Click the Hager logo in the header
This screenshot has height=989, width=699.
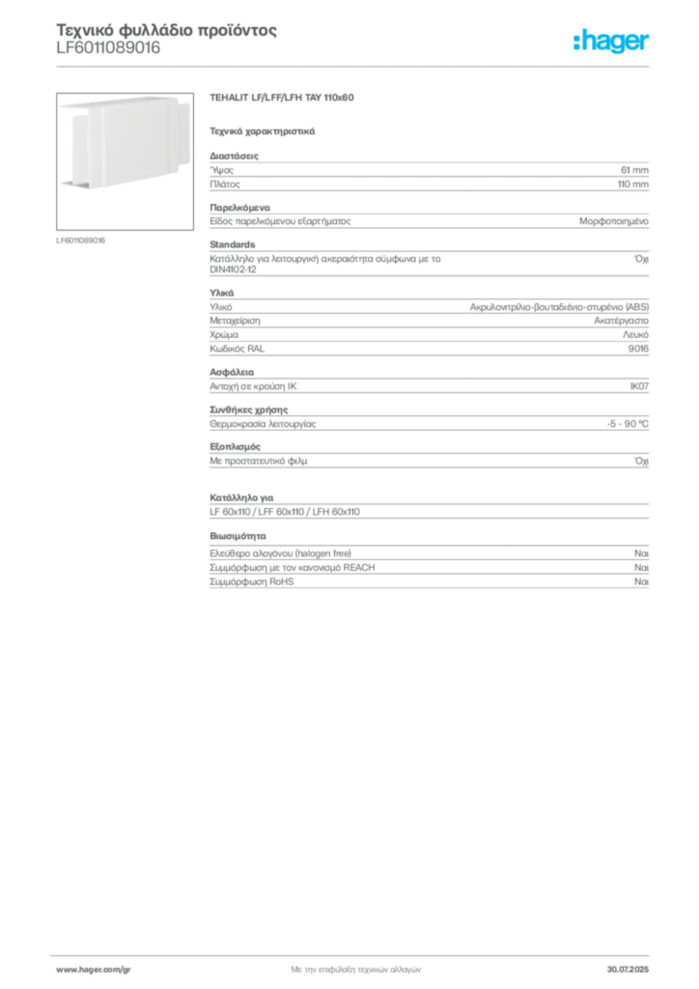click(611, 41)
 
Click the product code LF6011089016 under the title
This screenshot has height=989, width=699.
click(108, 48)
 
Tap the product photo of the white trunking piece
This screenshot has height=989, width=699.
click(125, 161)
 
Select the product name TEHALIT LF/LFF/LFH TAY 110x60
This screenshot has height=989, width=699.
click(282, 98)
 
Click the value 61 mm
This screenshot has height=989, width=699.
click(634, 170)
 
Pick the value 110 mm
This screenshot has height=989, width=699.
click(632, 184)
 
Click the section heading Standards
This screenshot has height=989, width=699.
click(233, 244)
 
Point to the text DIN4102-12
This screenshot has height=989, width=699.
click(234, 269)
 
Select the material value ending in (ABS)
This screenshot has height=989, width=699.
click(559, 307)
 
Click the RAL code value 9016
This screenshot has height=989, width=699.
click(638, 349)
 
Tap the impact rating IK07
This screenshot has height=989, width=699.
click(639, 386)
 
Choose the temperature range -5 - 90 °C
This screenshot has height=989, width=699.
click(628, 424)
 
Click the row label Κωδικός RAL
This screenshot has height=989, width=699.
click(237, 349)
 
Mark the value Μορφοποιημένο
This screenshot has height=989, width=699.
click(614, 221)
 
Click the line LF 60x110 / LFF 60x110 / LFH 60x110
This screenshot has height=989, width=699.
click(285, 512)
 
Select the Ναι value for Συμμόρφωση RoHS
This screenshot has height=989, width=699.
click(641, 581)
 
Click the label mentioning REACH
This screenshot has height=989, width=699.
click(293, 568)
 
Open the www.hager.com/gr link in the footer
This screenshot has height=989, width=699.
click(94, 970)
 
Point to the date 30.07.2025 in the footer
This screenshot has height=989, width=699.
click(628, 970)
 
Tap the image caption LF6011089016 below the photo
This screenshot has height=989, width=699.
click(81, 240)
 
